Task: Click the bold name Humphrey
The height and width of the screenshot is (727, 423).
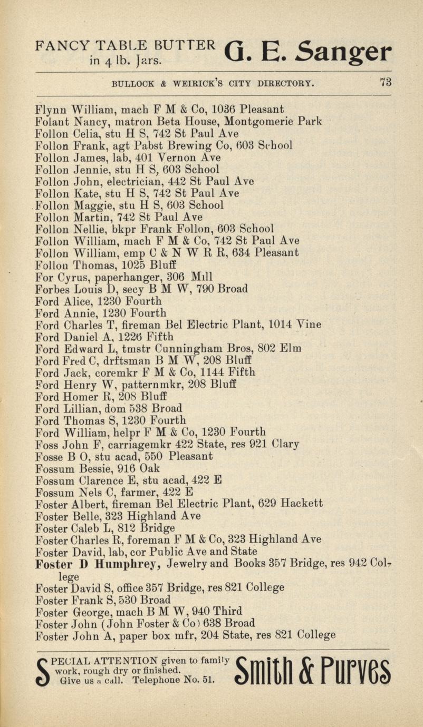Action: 128,563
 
